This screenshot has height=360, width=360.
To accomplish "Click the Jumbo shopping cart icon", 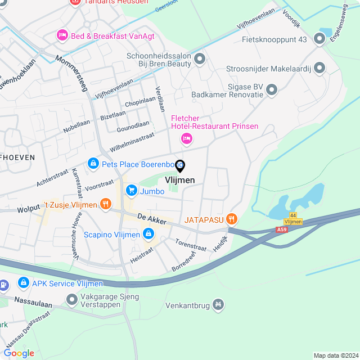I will coord(132,191).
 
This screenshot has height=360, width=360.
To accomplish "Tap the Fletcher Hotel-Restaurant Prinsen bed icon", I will coord(187,138).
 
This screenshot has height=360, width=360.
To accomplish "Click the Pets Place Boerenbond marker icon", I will coord(93,164).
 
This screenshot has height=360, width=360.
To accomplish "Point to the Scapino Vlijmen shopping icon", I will coord(148,233).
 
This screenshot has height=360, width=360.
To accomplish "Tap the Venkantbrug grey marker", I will coord(218,306).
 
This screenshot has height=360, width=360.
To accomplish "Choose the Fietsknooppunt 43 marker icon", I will coord(319,39).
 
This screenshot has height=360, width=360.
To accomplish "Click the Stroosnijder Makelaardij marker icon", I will coord(319,68).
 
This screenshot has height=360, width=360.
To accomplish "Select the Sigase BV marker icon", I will coord(272,89).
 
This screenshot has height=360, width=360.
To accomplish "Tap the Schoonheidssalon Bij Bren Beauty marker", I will coord(199,59).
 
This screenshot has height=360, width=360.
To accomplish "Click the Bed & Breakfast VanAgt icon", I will coord(62,35).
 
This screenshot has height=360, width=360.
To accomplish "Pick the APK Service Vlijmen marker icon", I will coord(24,283).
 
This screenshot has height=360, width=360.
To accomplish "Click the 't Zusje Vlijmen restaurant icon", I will coord(105,204).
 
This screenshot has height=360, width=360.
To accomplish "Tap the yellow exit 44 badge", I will coord(292,215).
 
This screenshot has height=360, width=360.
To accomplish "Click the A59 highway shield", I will coord(281,229).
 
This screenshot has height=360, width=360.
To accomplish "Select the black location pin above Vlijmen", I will coord(180,166).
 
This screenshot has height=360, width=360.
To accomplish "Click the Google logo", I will coord(19,353).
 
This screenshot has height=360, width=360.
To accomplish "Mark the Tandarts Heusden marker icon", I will coord(74,2).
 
